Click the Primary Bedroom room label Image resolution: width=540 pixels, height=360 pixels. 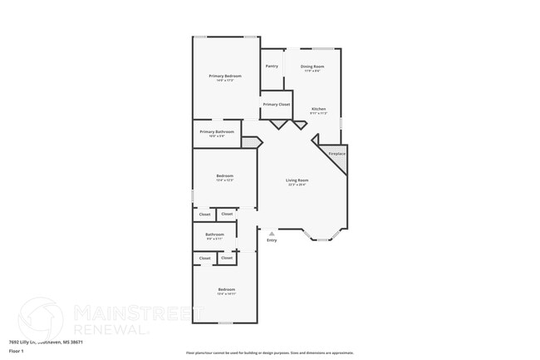point(225,76)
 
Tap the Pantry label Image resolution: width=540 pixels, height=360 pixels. point(272,66)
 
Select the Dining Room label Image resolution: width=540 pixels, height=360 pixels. point(312,66)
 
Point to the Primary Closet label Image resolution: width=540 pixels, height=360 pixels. point(277,105)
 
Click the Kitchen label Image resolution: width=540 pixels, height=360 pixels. point(319,109)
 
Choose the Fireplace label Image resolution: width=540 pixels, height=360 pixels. point(336,154)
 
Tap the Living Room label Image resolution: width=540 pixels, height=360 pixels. point(297,180)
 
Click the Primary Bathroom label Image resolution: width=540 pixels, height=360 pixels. point(217,131)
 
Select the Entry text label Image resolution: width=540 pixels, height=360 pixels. point(272,240)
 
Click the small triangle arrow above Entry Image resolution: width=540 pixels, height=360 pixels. point(272,234)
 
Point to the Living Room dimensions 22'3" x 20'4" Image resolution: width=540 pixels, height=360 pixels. point(297,185)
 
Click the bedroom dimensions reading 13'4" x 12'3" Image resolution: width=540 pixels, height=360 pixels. point(225,180)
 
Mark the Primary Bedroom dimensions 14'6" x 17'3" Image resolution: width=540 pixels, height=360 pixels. point(225,81)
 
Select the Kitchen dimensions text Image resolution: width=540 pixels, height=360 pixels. point(319,113)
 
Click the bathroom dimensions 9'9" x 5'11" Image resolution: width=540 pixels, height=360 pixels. point(215,239)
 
